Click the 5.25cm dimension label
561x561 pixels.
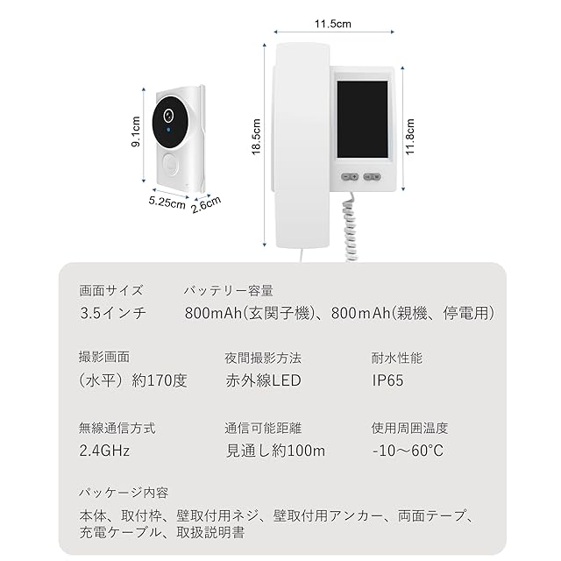166,204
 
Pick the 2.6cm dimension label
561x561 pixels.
206,203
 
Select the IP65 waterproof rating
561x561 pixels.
388,381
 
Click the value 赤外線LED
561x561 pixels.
263,381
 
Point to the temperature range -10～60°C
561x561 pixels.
408,451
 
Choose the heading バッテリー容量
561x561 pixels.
229,290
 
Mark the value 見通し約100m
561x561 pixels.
275,451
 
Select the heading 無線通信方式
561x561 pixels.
117,429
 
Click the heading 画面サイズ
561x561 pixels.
110,290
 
